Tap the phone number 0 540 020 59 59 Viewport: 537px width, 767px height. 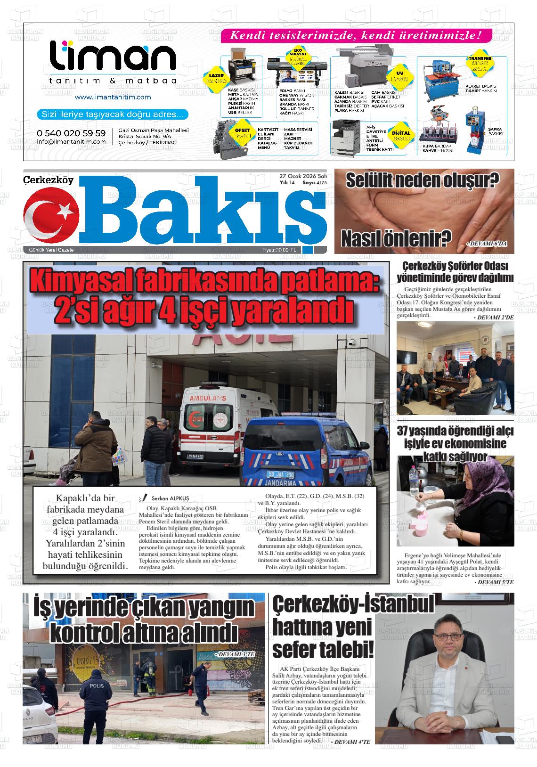pyautogui.click(x=71, y=133)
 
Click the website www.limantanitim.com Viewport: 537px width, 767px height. pyautogui.click(x=113, y=97)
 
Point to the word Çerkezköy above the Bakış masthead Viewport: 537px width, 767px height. pyautogui.click(x=49, y=180)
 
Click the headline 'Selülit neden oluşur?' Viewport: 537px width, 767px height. pyautogui.click(x=423, y=180)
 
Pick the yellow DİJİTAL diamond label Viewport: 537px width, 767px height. pyautogui.click(x=401, y=136)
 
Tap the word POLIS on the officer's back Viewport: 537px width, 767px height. pyautogui.click(x=97, y=686)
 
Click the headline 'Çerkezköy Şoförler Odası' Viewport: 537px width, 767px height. pyautogui.click(x=455, y=267)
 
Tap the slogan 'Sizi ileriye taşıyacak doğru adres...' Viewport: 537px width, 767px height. pyautogui.click(x=113, y=114)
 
